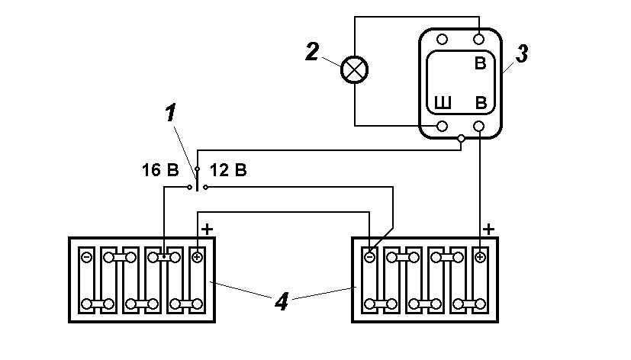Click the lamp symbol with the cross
point(353,70)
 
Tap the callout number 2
point(311,51)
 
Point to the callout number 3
point(522,54)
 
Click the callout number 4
point(282,302)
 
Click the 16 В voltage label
point(161,169)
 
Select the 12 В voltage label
point(228,169)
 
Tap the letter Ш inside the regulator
point(442,103)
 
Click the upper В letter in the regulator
point(480,64)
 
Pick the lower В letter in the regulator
point(481,103)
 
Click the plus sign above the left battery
point(206,228)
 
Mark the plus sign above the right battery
point(488,228)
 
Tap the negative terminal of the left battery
point(86,257)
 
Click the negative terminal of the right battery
point(369,257)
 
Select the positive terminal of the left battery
point(197,257)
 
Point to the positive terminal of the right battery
point(480,257)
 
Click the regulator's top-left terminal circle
point(442,39)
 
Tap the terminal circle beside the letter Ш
point(442,126)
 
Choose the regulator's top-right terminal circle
point(479,39)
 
